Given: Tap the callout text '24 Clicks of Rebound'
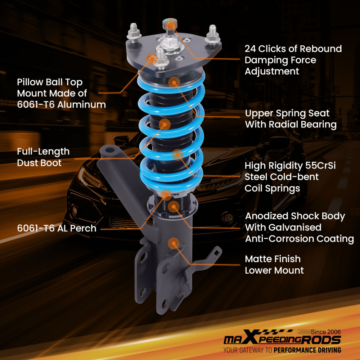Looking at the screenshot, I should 293,49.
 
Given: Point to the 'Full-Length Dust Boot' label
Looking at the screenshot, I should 43,157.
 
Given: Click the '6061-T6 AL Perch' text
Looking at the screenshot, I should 57,228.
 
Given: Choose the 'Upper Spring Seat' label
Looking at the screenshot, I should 287,113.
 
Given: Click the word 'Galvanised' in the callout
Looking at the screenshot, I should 283,227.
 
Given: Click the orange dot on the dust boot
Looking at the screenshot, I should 165,124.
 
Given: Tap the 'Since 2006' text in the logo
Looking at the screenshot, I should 326,332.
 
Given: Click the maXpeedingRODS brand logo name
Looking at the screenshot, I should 282,340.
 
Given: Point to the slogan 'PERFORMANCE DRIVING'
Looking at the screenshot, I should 307,350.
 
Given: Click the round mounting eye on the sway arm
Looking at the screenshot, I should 109,150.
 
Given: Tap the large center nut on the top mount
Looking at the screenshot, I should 168,46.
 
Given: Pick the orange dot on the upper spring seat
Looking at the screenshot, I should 174,82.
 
